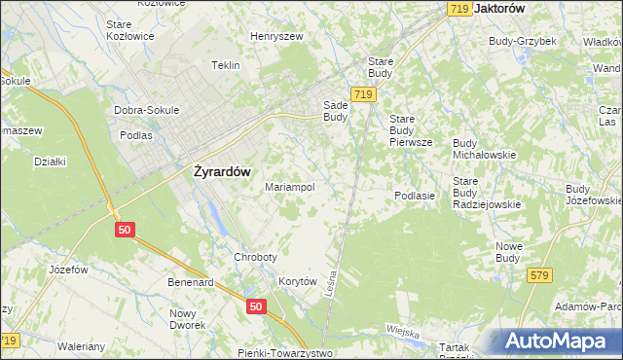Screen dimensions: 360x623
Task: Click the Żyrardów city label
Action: click(x=216, y=171)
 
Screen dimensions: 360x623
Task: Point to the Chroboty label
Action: click(x=256, y=258)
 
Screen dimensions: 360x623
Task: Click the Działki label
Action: click(x=49, y=162)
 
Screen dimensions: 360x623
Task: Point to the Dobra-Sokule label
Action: click(x=147, y=110)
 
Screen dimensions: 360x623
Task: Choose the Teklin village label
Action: click(x=226, y=66)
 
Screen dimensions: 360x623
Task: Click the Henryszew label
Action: click(x=277, y=36)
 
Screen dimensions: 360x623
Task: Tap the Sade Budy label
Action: click(x=335, y=111)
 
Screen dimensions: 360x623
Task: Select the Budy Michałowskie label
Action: click(x=484, y=149)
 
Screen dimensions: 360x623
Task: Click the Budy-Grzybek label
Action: click(x=522, y=42)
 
